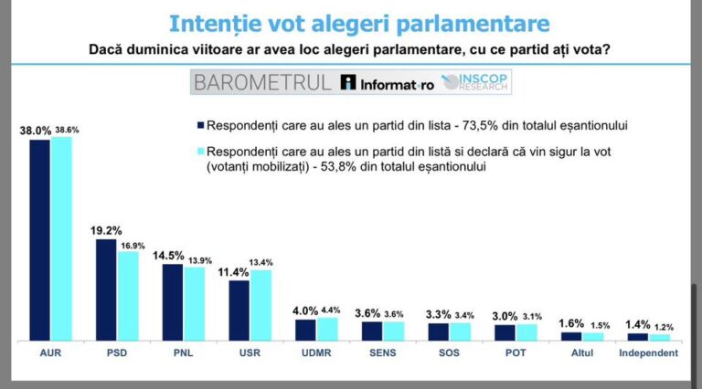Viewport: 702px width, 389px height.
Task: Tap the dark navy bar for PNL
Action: click(173, 301)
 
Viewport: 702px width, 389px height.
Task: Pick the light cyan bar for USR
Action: click(261, 305)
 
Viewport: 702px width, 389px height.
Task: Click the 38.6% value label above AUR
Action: click(66, 131)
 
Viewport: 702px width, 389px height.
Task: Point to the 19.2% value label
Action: click(105, 230)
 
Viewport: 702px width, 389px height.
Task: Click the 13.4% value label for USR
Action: click(263, 262)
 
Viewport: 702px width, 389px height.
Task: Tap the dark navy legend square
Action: click(199, 125)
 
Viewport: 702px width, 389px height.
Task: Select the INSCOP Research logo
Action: click(474, 82)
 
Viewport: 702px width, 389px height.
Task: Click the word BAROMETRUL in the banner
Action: click(261, 83)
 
